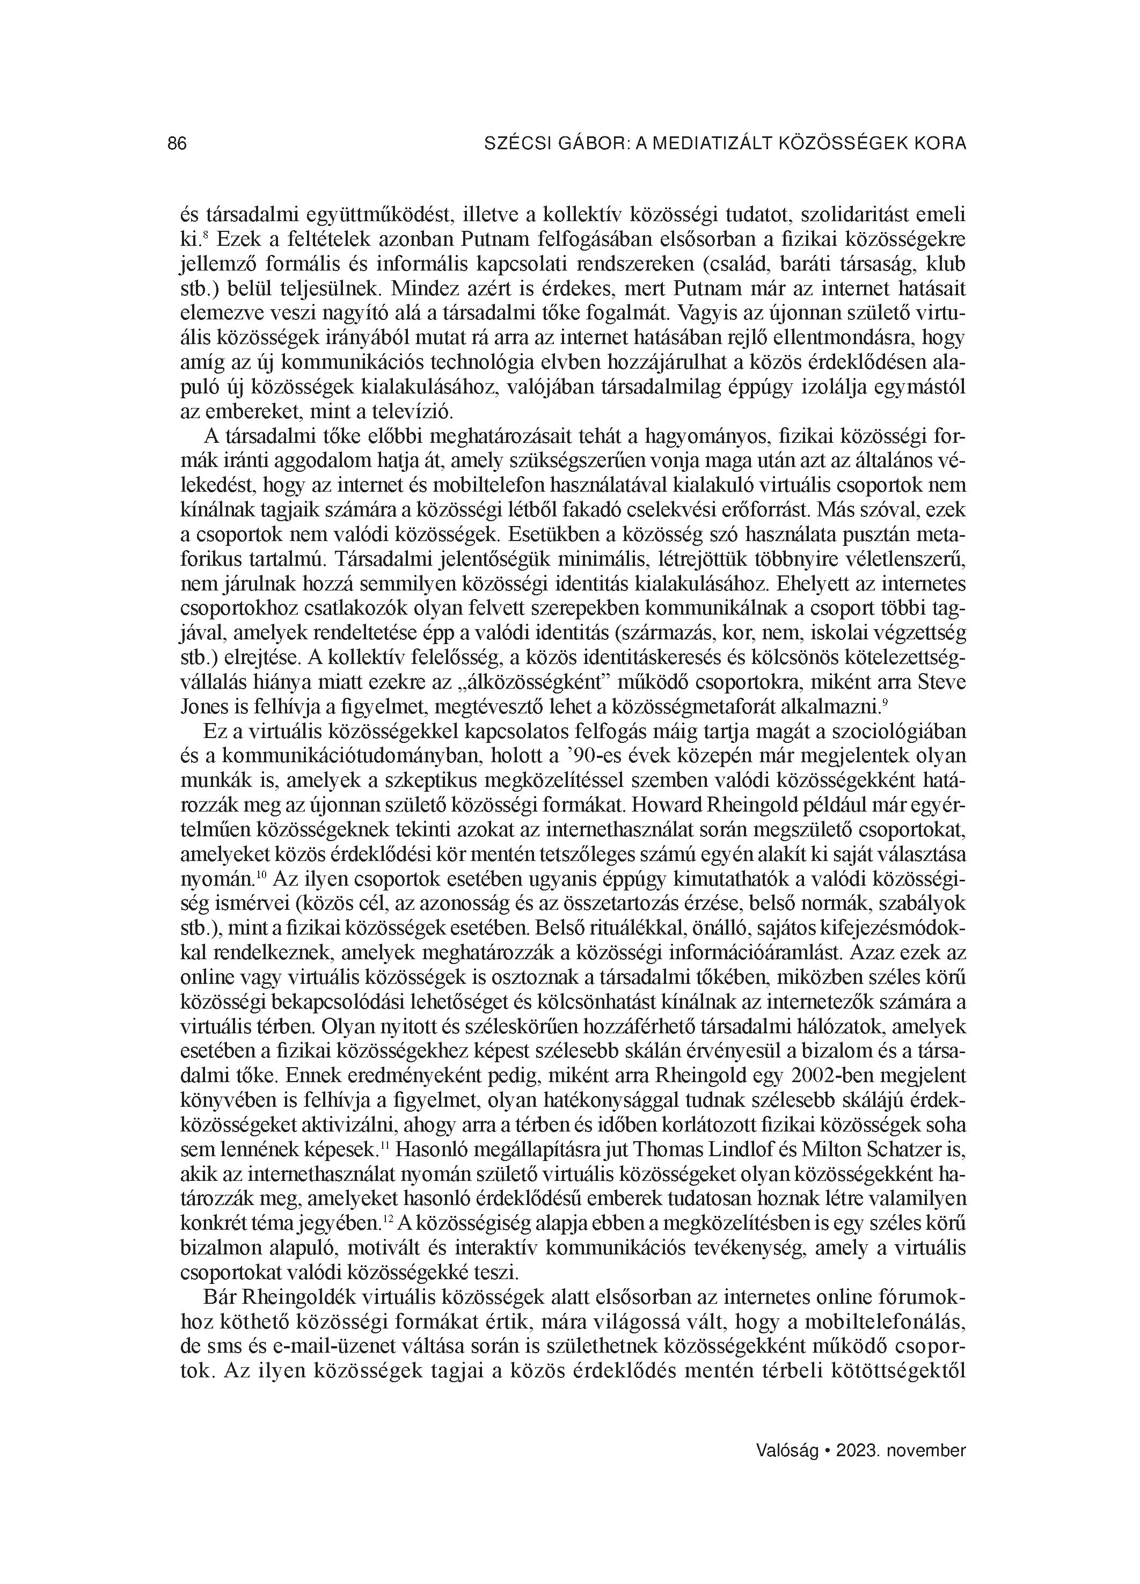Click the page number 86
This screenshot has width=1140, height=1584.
[x=178, y=144]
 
